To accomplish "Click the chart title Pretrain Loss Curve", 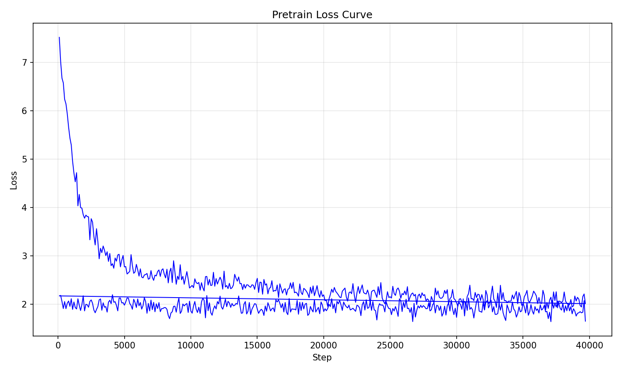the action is [x=322, y=14].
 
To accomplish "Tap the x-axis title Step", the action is [x=322, y=358].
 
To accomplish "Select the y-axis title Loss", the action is [x=13, y=181].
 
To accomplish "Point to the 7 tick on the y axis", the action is [x=25, y=62].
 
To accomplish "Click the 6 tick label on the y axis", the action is [x=25, y=111].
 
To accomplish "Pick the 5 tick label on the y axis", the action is [x=25, y=159].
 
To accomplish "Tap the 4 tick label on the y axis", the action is [x=25, y=207].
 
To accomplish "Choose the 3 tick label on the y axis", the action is [x=25, y=256].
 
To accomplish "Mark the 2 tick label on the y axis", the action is [x=25, y=305].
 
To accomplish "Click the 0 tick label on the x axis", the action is [x=58, y=346].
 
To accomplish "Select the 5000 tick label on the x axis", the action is [x=124, y=346].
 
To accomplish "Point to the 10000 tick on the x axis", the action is [x=191, y=346].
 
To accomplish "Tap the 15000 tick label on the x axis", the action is [x=257, y=346].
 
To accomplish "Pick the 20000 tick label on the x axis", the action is [x=323, y=346].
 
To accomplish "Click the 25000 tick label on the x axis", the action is [x=390, y=346].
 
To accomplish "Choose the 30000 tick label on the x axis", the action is [x=456, y=346].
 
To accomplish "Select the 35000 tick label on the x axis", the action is [x=523, y=346].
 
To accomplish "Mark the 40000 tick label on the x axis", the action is [x=589, y=346].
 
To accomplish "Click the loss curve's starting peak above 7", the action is [x=59, y=37].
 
